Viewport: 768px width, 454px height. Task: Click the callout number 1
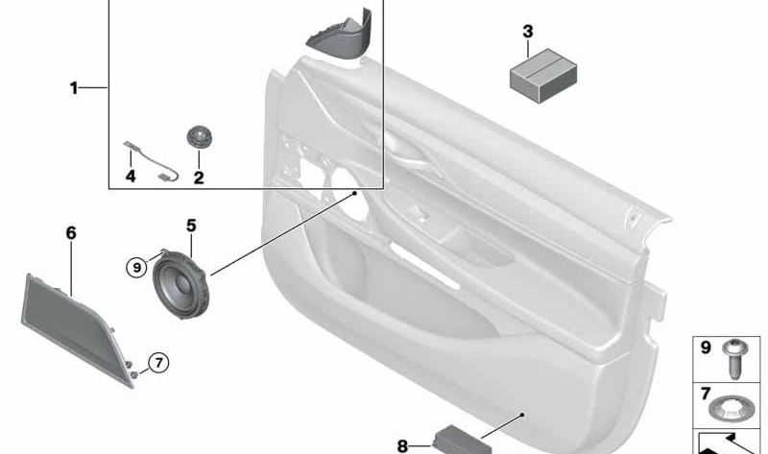(73, 88)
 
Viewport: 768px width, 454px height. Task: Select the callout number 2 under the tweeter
(199, 177)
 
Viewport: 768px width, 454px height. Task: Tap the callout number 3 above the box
(527, 32)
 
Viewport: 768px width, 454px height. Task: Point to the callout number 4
(131, 177)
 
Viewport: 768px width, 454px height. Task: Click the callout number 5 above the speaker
(191, 226)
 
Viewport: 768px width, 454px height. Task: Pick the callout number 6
(71, 233)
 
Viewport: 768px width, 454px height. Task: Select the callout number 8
(402, 444)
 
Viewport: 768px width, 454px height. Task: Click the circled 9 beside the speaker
(137, 267)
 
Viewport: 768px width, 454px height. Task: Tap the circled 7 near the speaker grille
(157, 363)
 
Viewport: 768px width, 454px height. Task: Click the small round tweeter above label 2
(199, 137)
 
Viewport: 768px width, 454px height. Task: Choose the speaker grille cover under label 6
(79, 326)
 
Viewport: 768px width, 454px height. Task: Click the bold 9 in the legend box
(706, 347)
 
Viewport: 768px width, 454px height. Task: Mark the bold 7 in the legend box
(706, 394)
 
